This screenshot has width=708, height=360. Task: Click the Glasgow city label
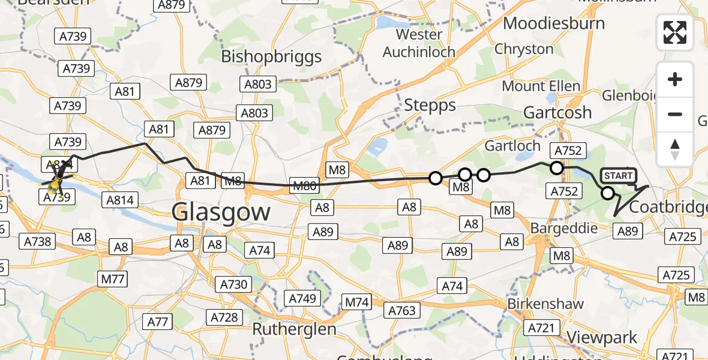point(221,212)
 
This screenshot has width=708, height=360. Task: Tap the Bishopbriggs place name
point(271,56)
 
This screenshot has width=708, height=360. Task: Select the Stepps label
point(430,106)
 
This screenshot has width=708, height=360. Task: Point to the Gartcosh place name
point(557,112)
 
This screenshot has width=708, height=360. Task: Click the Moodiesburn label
point(554,23)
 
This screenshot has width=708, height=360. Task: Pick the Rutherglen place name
point(290,329)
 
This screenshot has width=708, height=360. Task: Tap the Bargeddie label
point(564,229)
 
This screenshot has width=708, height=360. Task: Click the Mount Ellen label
point(541,86)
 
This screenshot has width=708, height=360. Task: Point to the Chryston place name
point(524,49)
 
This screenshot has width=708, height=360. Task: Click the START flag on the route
point(618,176)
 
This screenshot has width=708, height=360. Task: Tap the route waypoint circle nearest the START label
point(608,193)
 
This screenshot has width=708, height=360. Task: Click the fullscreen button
point(675,32)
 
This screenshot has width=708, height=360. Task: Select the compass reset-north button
point(675,149)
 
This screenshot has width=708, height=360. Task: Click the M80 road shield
point(303,186)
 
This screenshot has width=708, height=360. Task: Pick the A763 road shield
point(401,310)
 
